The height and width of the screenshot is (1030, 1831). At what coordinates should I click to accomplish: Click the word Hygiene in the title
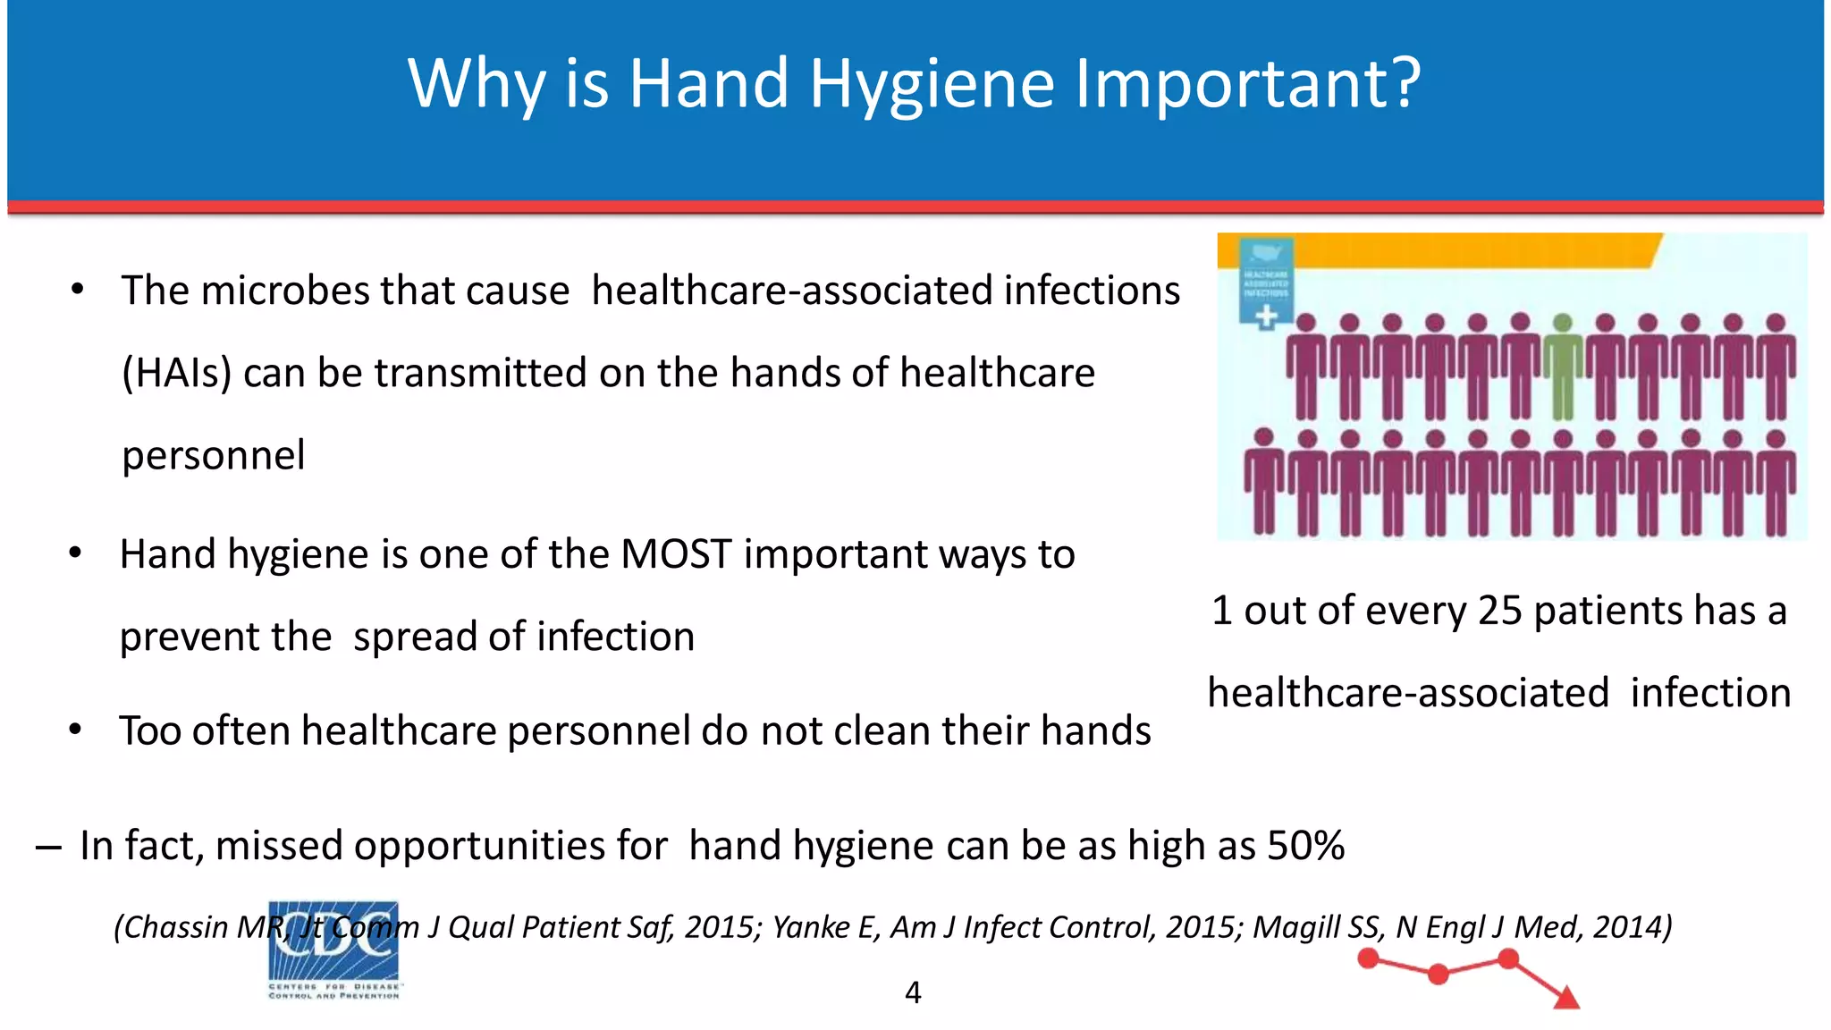932,84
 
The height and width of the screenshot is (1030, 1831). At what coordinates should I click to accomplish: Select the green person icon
1562,367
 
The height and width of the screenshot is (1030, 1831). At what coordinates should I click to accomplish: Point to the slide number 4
913,992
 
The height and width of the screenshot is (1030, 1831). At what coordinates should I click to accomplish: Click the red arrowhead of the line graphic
1567,998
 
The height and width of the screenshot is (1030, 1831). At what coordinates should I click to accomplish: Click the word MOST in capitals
676,554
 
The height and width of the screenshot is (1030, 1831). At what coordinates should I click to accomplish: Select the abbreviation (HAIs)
176,373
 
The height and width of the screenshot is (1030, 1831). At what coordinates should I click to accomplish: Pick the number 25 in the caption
1499,611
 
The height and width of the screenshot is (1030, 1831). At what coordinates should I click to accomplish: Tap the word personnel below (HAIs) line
213,455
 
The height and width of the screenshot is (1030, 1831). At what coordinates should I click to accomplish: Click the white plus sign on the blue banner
1266,316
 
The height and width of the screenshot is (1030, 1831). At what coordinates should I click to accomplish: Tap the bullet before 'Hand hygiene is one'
76,553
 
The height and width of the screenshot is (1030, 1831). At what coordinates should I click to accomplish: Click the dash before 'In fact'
48,847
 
